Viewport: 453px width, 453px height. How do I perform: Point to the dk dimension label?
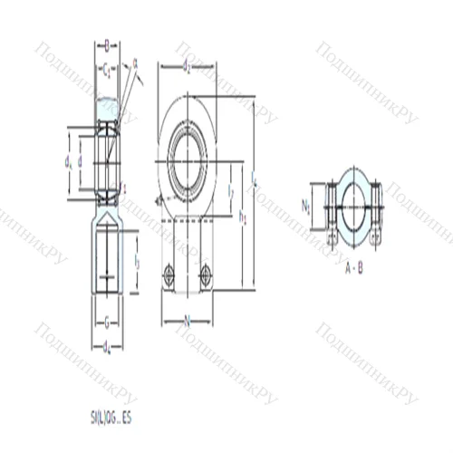click(68, 161)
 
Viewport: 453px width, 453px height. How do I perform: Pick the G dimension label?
click(107, 320)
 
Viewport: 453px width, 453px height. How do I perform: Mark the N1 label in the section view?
click(307, 205)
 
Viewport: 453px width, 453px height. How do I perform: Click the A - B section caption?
click(353, 268)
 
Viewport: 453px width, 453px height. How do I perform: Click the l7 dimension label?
click(230, 191)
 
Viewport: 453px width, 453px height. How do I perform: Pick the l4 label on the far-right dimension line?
click(255, 181)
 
